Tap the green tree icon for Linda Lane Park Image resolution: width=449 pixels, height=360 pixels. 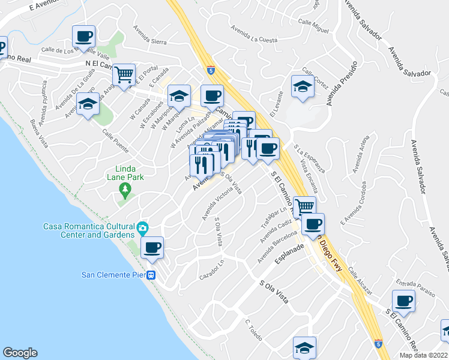click(x=125, y=191)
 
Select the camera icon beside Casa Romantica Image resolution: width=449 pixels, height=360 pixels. click(x=142, y=227)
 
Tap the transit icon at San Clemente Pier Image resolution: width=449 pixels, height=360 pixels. click(x=152, y=275)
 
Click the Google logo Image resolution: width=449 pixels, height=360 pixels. click(x=19, y=353)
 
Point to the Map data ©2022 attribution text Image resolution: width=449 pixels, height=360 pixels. click(x=423, y=355)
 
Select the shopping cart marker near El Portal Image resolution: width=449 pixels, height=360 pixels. click(x=124, y=76)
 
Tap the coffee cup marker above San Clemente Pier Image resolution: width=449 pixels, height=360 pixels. click(x=152, y=247)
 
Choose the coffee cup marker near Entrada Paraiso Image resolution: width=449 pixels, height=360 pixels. click(x=404, y=300)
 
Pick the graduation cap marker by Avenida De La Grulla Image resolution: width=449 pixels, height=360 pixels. click(x=88, y=104)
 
